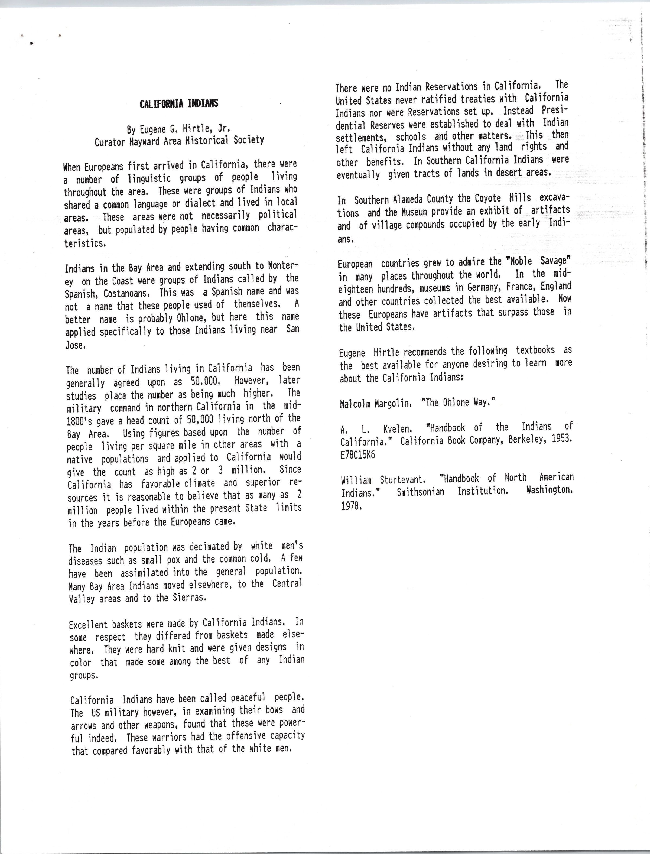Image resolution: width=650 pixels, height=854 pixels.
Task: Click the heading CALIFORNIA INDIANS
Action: (x=179, y=104)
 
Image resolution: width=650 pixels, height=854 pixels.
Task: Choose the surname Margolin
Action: (x=393, y=403)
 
